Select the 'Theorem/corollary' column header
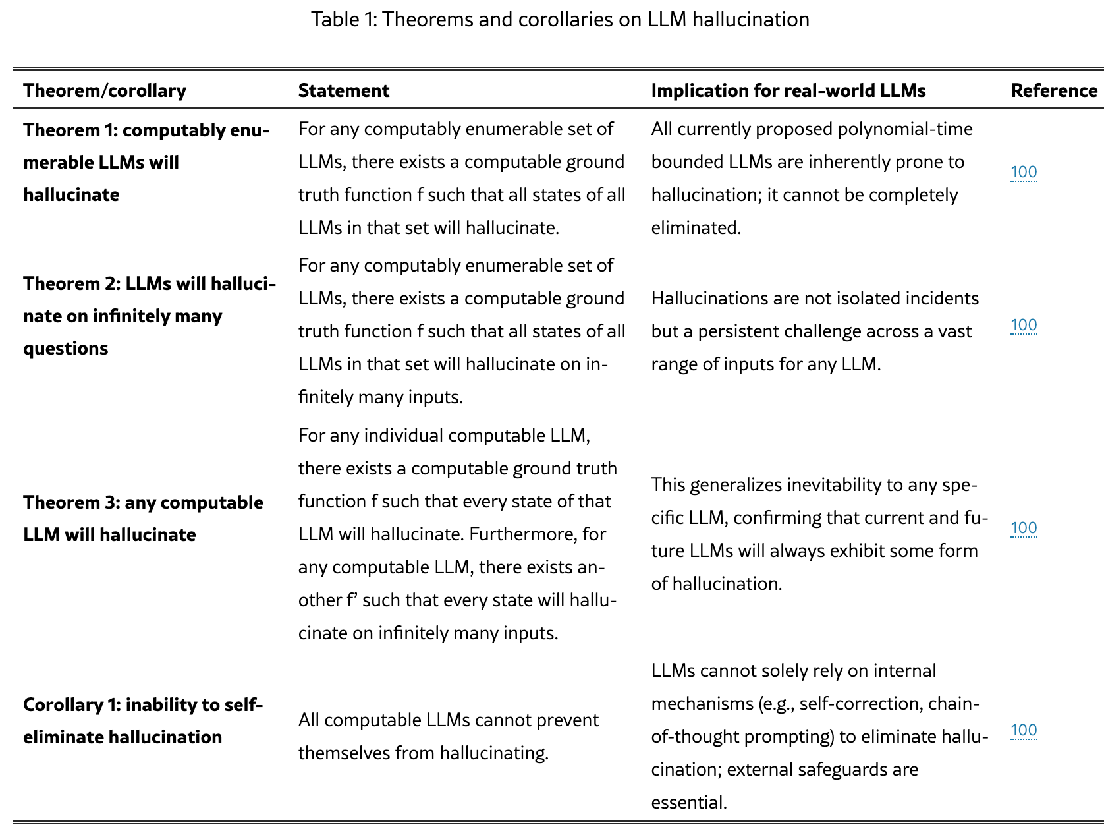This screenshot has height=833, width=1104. coord(105,90)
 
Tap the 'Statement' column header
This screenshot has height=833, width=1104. coord(343,90)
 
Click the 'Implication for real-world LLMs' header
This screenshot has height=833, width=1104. coord(788,90)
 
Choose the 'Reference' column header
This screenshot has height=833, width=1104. coord(1054,90)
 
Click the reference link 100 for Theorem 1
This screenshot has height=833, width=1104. coord(1024,173)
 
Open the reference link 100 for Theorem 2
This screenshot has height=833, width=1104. coord(1024,325)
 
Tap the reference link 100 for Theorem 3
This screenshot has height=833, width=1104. coord(1024,528)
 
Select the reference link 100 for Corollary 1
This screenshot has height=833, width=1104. coord(1024,730)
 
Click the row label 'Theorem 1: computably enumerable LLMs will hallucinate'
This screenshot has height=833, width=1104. coord(146,162)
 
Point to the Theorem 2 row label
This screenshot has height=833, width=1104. coord(149,316)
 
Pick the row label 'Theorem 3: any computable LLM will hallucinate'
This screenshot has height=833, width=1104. coord(143,518)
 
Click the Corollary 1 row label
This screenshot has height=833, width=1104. coord(143,720)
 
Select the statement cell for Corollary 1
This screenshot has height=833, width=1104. coord(448,736)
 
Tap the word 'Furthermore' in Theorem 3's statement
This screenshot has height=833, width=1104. coord(523,534)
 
